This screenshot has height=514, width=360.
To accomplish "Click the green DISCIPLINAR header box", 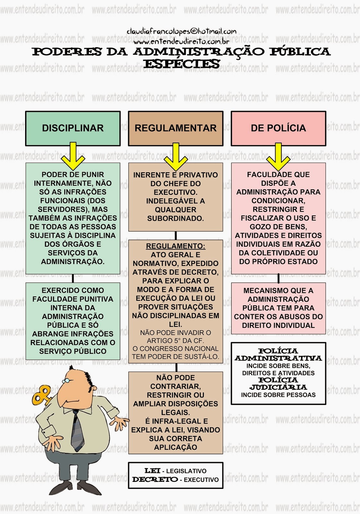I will pos(73,128).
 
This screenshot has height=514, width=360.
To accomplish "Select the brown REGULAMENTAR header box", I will pos(175,128).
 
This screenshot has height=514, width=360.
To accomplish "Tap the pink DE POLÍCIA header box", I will pos(278,128).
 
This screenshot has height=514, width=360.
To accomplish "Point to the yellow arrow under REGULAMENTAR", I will pos(175,157).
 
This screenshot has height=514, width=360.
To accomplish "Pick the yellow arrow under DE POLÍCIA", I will pos(278,157).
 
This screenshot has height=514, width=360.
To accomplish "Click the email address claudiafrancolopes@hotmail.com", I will pos(182,31).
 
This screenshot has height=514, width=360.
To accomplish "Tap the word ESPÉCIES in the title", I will pos(182,64).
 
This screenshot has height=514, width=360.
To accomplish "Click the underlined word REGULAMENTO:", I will pos(175,246).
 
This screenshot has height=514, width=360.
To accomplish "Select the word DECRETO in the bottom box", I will pos(155,480).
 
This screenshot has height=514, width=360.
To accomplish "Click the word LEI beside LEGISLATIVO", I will pos(152,471).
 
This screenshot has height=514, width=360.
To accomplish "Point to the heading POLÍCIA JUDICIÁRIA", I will pos(278,384).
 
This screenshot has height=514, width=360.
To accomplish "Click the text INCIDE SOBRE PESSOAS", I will pos(278,395).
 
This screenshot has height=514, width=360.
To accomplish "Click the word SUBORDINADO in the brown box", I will pos(175,218).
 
